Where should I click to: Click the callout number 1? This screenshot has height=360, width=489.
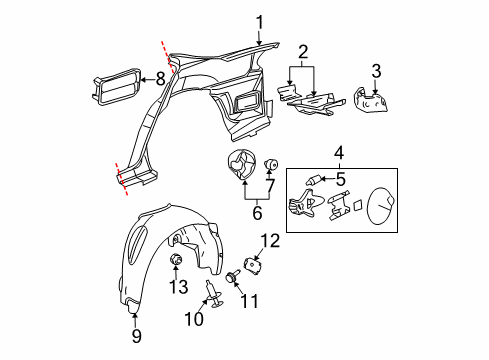click(258, 21)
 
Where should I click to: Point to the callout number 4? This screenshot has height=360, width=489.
click(340, 153)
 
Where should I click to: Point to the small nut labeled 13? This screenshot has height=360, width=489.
click(177, 261)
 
